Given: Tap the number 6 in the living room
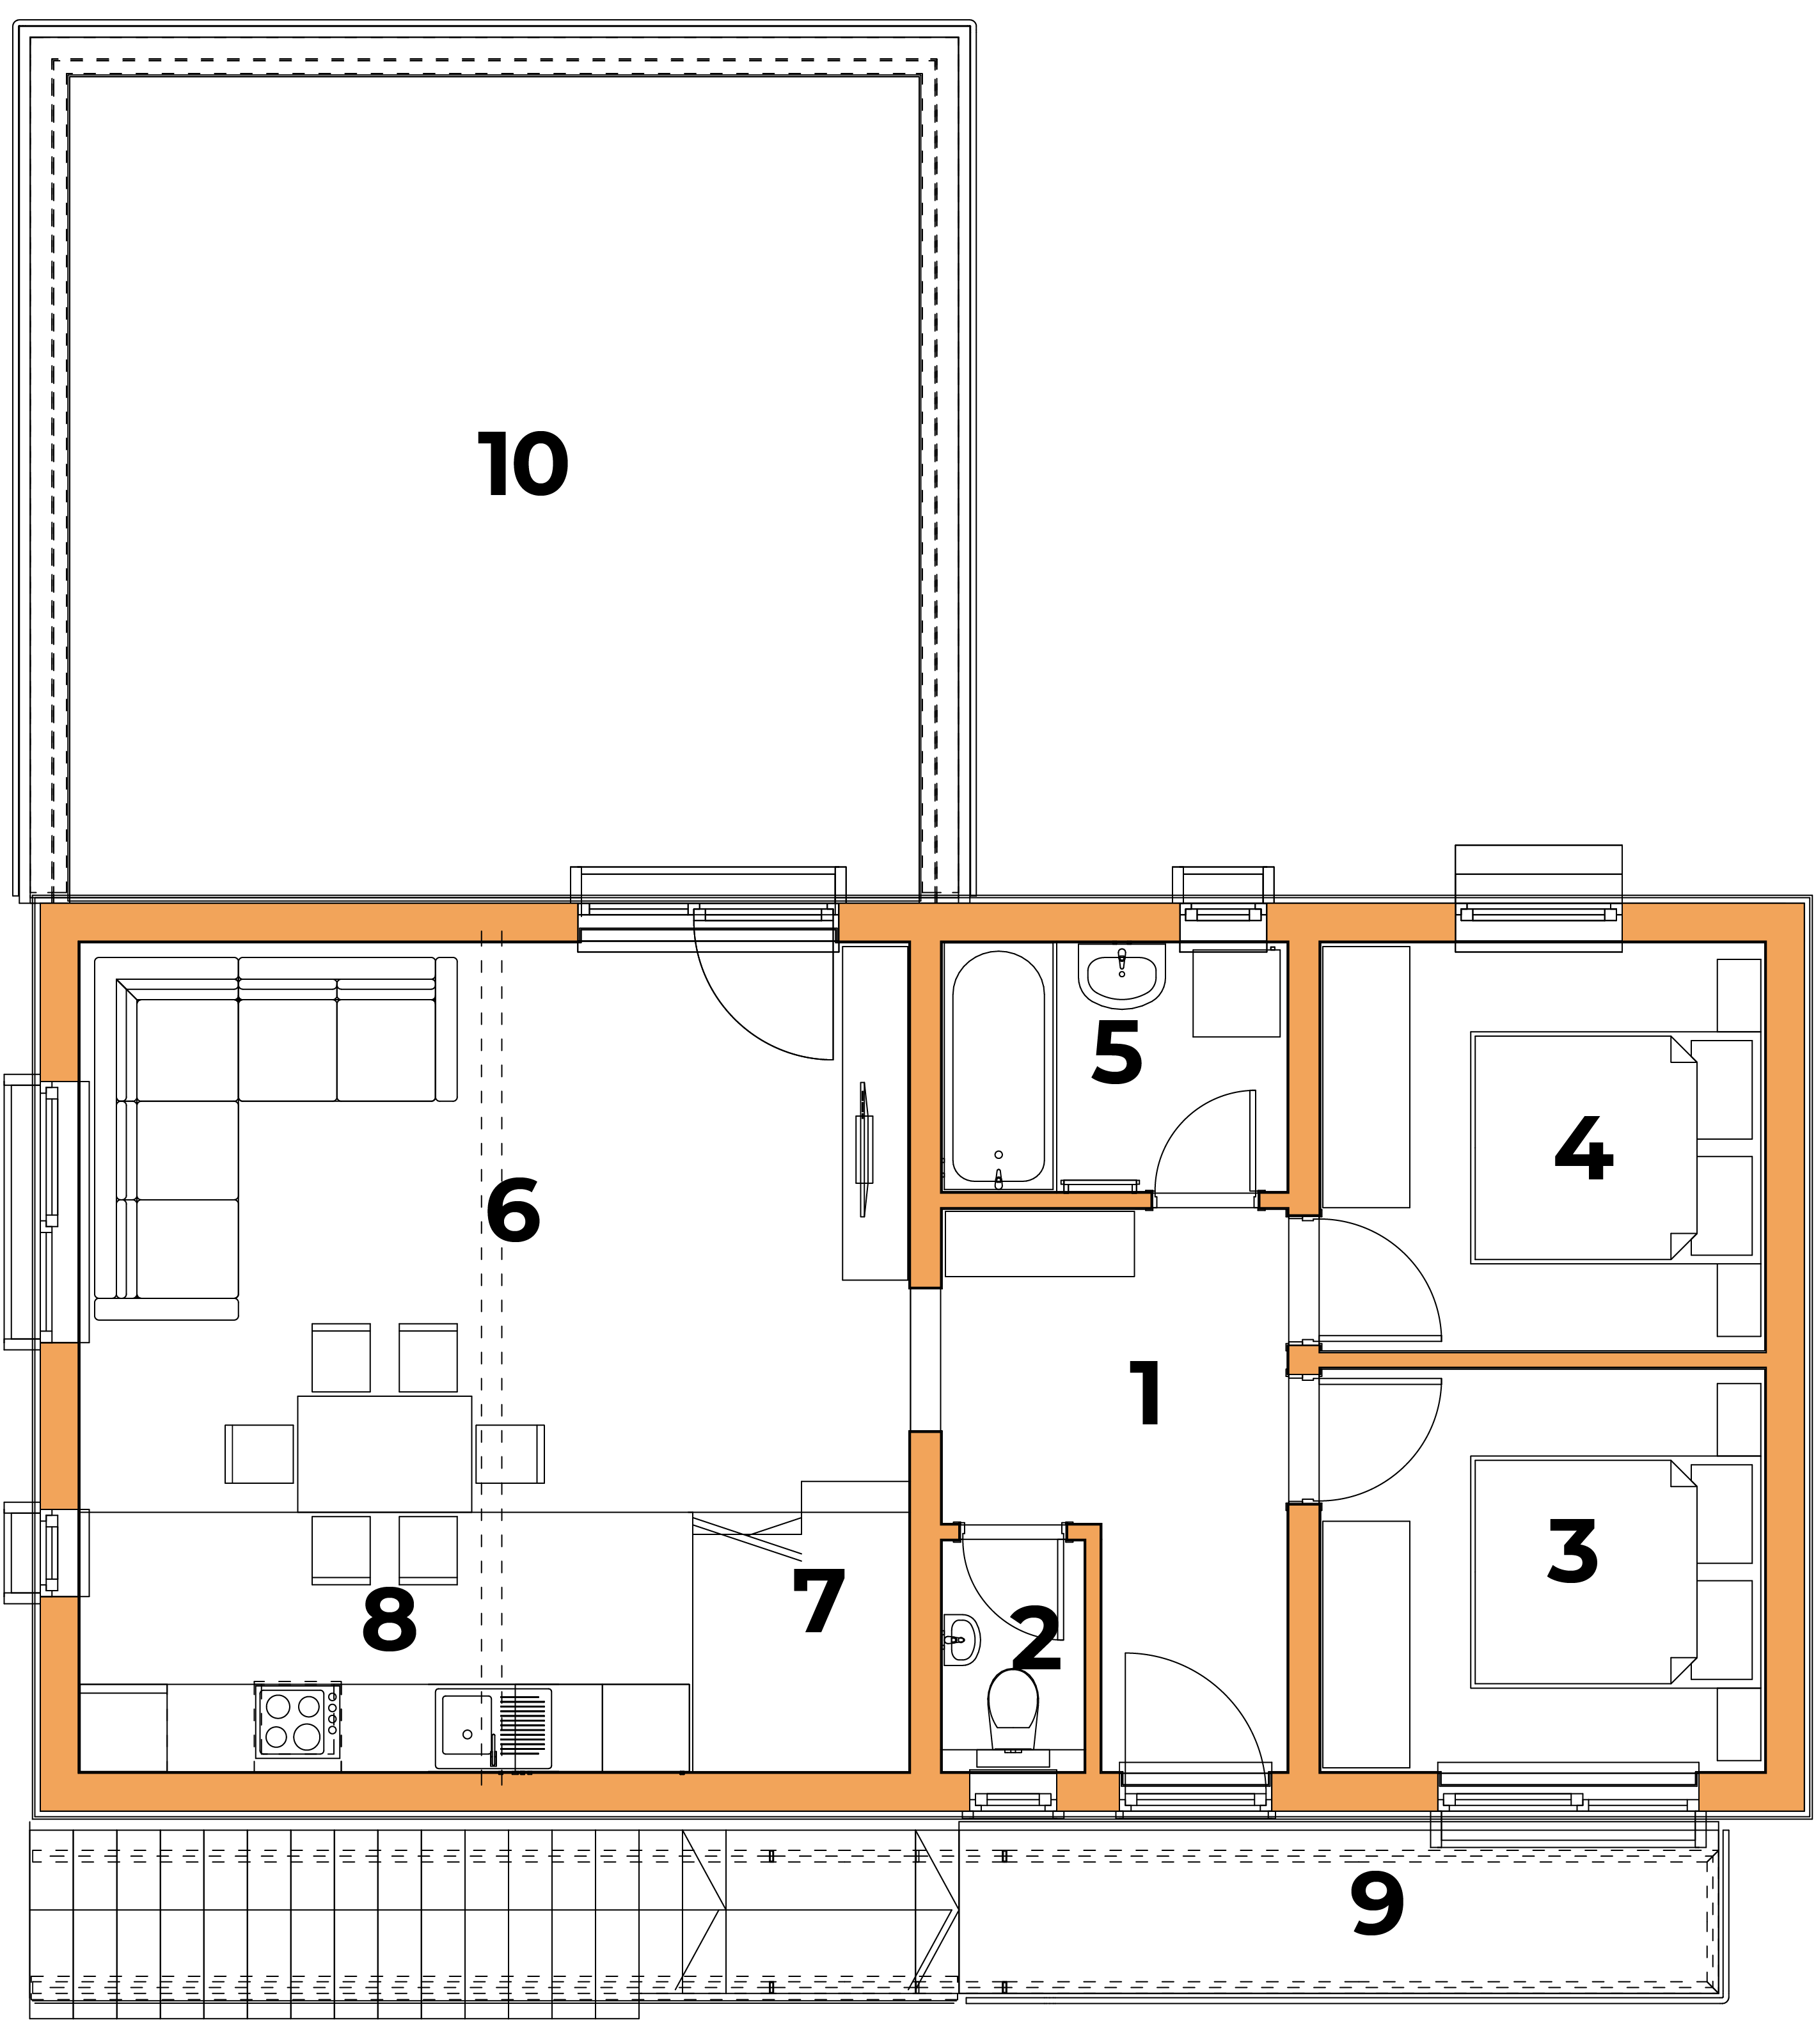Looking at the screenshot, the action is (513, 1210).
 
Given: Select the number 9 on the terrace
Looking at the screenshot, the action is (1377, 1903).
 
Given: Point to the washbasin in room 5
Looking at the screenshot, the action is (1121, 975).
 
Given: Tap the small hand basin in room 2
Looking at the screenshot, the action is (961, 1639).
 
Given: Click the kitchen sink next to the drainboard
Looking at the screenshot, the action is (465, 1727).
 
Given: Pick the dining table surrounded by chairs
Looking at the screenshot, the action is (384, 1453).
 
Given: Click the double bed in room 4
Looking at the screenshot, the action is (1584, 1148).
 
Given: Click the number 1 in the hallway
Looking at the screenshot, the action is (1146, 1392).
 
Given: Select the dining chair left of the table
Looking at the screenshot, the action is (260, 1453).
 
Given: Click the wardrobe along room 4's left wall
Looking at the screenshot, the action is (1366, 1076).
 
